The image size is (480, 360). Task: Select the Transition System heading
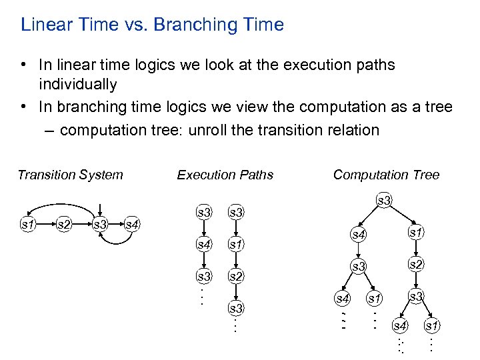70,175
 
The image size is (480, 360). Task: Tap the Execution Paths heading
225,175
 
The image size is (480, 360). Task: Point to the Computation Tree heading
386,175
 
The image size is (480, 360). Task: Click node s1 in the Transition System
27,225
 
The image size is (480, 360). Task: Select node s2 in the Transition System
64,225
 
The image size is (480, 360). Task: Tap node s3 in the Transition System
100,225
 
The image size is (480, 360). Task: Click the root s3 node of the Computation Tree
384,200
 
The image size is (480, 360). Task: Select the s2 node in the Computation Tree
415,265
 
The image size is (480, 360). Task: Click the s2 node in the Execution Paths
236,275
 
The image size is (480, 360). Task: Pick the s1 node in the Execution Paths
236,244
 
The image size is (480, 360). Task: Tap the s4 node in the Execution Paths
204,244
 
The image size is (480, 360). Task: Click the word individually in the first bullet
78,85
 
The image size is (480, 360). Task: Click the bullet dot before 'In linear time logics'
23,65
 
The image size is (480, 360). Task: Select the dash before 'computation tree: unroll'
51,130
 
